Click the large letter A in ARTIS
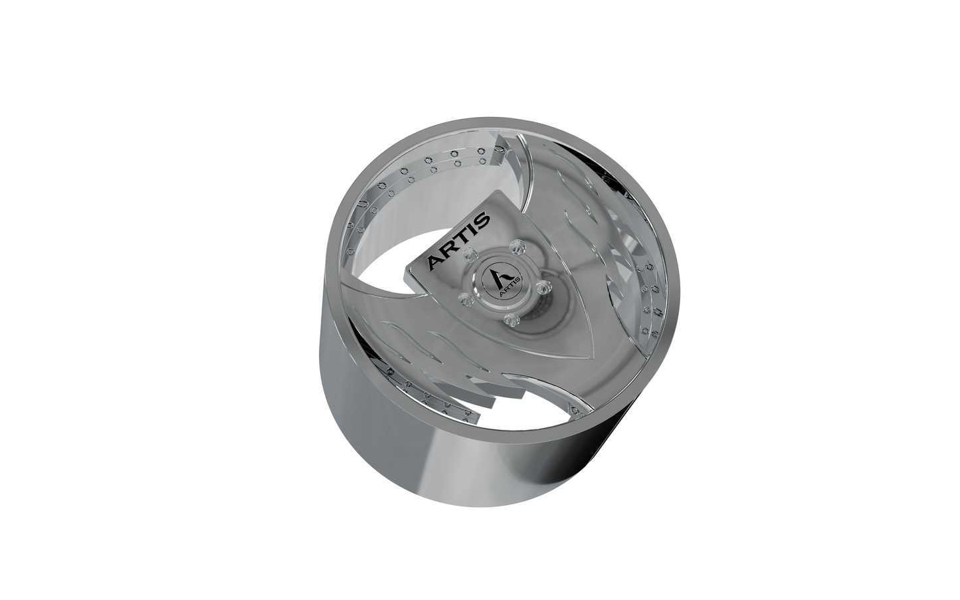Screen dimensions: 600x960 click(x=435, y=262)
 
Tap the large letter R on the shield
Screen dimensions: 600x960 click(x=449, y=250)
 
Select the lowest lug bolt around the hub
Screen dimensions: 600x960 click(x=510, y=320)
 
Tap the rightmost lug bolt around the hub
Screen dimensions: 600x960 click(x=543, y=286)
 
